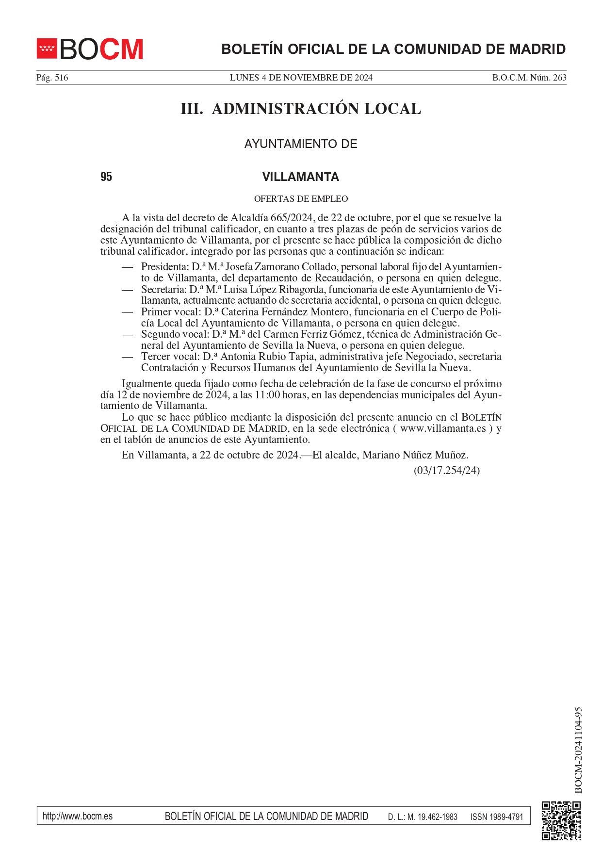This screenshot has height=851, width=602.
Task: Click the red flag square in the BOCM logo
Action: point(47,49)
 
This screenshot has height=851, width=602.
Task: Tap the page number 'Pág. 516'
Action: point(52,78)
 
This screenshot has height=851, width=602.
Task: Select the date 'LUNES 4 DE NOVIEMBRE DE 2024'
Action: point(301,78)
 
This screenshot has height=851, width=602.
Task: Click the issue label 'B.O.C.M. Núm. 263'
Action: point(529,78)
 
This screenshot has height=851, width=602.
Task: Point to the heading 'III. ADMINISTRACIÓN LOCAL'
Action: point(301,109)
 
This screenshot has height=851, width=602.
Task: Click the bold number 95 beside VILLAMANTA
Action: point(106,177)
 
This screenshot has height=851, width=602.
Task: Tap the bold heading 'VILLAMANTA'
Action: point(301,177)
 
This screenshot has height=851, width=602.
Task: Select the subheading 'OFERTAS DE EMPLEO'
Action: point(301,199)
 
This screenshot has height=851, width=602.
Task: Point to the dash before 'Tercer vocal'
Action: point(127,357)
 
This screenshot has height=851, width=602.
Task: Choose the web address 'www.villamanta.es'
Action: point(443,428)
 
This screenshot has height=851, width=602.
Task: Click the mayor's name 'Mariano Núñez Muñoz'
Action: point(415,455)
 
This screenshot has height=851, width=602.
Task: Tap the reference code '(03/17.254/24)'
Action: point(447,471)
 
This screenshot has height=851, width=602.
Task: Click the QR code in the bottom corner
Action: point(561,820)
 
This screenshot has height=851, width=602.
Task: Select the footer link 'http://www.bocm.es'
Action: point(78,816)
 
